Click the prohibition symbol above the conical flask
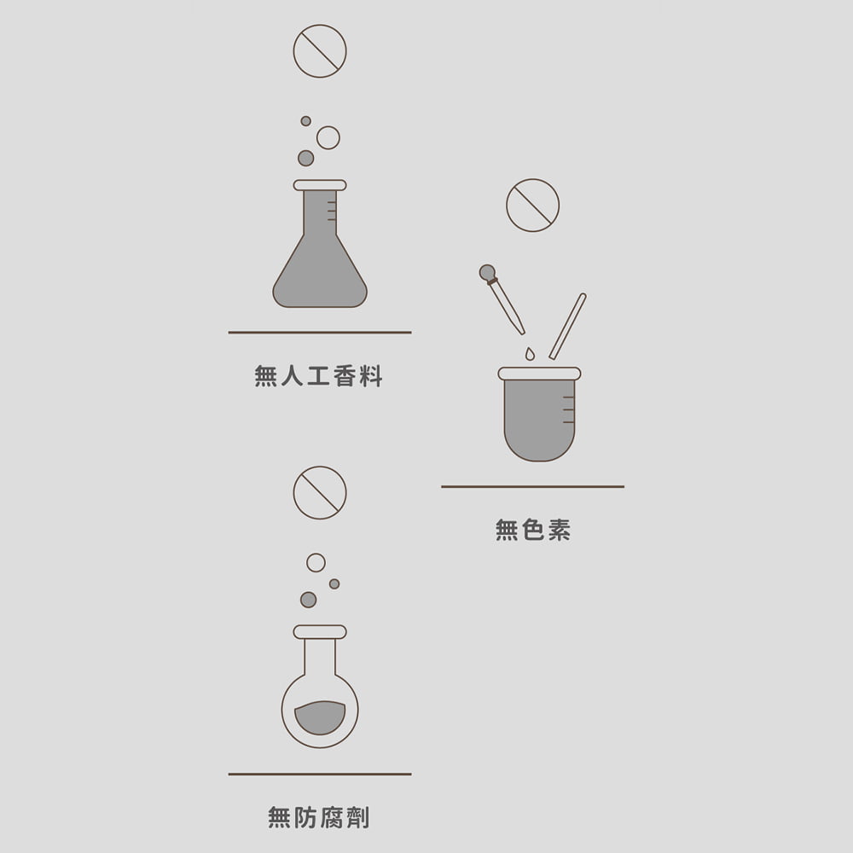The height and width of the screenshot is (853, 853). pos(320,51)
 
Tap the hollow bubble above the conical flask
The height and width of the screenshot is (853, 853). pos(328,137)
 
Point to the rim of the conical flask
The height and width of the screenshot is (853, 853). pos(320,185)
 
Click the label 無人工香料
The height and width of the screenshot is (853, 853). pos(319,376)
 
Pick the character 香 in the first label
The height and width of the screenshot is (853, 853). pos(345,376)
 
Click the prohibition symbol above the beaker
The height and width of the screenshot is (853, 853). pos(533,206)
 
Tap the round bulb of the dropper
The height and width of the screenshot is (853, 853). pos(487,273)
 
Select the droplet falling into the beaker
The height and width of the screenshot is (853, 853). pos(530,353)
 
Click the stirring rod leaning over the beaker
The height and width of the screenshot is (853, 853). pos(568,326)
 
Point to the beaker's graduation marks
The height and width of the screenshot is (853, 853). pos(568,409)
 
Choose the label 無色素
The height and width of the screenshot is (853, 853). pos(533,531)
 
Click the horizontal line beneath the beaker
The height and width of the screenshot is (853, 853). pos(533,487)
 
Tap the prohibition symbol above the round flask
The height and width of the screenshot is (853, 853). pos(320,493)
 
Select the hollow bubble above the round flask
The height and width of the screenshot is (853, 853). pos(316,562)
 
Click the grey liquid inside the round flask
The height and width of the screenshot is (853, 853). pos(320,717)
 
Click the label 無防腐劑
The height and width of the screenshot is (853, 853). pos(319,818)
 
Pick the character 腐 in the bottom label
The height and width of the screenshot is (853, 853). pos(332,818)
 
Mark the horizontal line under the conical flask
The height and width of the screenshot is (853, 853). pos(320,333)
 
